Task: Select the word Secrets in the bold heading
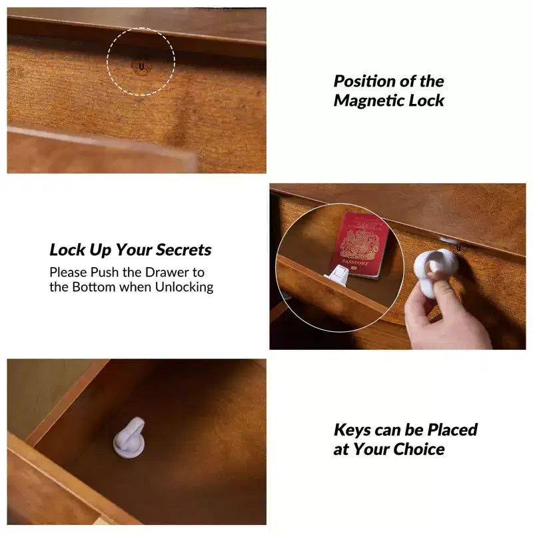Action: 184,250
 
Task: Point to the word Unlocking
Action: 185,287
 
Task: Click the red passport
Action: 358,244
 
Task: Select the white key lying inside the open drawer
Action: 129,438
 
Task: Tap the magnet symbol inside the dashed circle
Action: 141,65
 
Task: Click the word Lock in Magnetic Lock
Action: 426,101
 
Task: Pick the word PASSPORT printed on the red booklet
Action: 355,263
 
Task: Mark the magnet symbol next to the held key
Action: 459,248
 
